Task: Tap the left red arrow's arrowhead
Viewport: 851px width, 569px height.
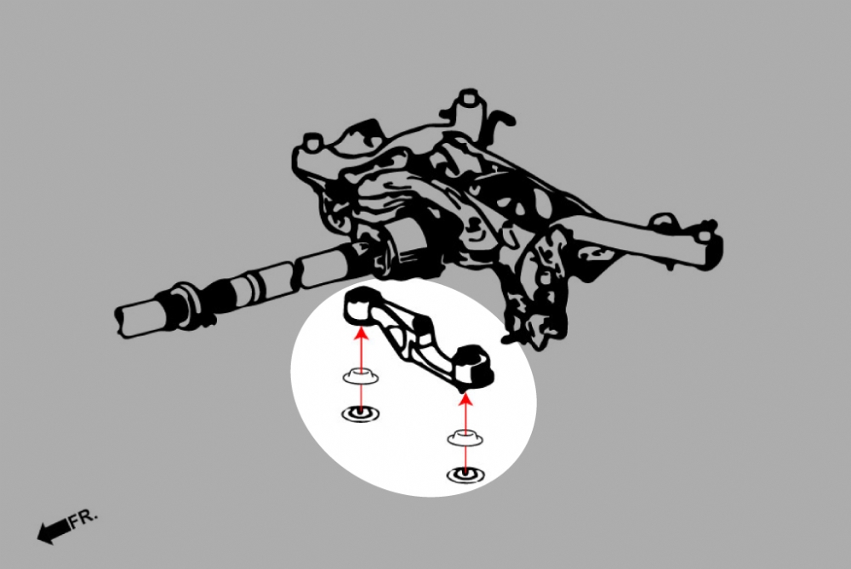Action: [x=360, y=330]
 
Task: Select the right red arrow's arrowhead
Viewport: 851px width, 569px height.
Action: [x=465, y=399]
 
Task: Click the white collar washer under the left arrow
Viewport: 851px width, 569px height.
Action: [x=360, y=376]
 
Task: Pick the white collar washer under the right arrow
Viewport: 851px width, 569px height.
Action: [x=465, y=437]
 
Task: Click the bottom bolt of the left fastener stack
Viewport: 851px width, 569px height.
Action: [x=360, y=414]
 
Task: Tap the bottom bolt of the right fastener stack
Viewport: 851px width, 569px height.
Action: [x=465, y=475]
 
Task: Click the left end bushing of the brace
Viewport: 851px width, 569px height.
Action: [x=359, y=305]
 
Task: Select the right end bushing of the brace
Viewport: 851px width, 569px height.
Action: [x=474, y=367]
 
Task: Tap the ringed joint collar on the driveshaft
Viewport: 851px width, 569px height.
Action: [x=186, y=305]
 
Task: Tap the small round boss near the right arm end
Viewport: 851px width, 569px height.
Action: [x=662, y=221]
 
